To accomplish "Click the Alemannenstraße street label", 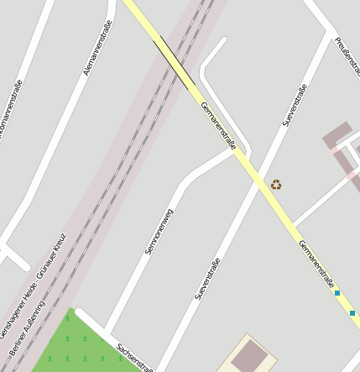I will (99, 49).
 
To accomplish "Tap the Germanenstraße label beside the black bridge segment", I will (219, 127).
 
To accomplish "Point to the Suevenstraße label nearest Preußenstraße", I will (295, 106).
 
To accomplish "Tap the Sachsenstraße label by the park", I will (135, 358).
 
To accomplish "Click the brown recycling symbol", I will (276, 184).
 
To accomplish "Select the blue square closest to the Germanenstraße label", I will (337, 293).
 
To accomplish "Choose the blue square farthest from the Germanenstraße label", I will (353, 313).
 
